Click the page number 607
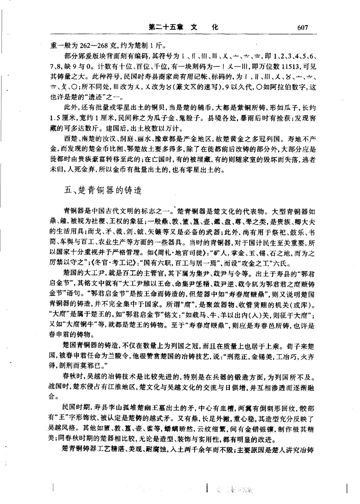click(x=299, y=27)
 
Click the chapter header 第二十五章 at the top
click(x=165, y=27)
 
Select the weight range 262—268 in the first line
click(x=97, y=47)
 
